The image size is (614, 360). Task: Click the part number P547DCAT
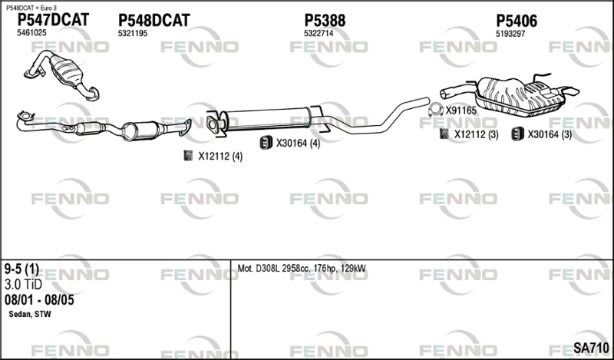(x=54, y=20)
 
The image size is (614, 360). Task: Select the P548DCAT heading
(x=154, y=21)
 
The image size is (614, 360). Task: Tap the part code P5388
(x=325, y=21)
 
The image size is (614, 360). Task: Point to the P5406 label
(x=517, y=21)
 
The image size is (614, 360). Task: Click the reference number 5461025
(x=31, y=33)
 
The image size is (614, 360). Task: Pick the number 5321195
(x=133, y=34)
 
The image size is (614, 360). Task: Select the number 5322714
(x=319, y=34)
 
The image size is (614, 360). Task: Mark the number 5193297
(x=510, y=34)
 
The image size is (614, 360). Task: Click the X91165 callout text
(x=461, y=111)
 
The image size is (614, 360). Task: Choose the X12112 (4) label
(x=220, y=157)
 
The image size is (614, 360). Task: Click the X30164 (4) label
(x=298, y=144)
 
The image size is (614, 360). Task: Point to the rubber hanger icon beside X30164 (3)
(x=517, y=134)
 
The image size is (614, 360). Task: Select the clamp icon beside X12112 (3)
(x=444, y=134)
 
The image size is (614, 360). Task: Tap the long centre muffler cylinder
(x=266, y=120)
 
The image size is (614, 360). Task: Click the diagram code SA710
(x=591, y=348)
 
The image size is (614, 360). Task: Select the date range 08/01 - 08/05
(x=39, y=300)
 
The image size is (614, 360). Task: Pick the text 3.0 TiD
(x=23, y=285)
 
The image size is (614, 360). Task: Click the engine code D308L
(x=268, y=269)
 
